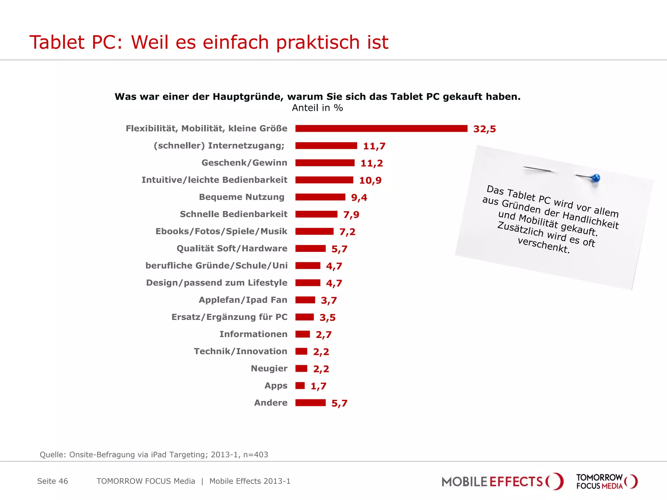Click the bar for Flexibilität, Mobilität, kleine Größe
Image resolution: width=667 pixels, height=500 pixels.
click(x=381, y=129)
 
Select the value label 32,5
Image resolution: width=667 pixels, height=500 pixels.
click(x=484, y=129)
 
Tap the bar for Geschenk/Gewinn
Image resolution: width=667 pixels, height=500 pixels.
click(x=325, y=163)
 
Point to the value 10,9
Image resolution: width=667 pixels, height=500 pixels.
click(x=370, y=180)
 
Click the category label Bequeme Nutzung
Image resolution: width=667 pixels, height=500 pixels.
click(x=241, y=197)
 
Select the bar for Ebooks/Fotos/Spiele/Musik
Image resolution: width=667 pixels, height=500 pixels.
click(x=314, y=231)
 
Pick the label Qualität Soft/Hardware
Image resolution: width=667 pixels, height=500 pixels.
click(x=232, y=248)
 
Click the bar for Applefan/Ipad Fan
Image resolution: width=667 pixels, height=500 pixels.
click(x=305, y=300)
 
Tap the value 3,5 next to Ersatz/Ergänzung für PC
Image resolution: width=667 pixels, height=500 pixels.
click(x=327, y=317)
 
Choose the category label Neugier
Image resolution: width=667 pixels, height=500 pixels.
click(x=269, y=368)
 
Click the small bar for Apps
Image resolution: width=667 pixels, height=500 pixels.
click(x=300, y=386)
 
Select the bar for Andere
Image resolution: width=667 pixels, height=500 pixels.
click(x=310, y=403)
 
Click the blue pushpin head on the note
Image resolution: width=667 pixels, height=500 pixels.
click(x=596, y=178)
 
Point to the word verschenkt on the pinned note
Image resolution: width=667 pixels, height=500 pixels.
click(x=543, y=246)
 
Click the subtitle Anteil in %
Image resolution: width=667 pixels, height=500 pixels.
click(x=317, y=108)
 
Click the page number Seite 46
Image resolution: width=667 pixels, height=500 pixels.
click(x=52, y=481)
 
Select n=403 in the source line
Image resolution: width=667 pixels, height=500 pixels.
click(x=256, y=454)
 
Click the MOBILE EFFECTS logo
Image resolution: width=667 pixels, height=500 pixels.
click(x=502, y=481)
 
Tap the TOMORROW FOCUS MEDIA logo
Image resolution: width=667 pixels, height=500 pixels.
click(x=606, y=481)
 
